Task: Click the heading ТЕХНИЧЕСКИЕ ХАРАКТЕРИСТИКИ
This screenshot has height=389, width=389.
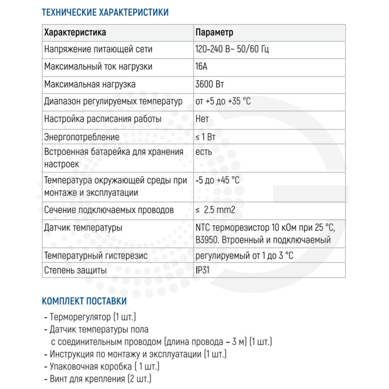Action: point(106,13)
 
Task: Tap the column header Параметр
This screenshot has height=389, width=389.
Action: point(214,33)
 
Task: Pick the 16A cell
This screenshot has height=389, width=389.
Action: point(201,67)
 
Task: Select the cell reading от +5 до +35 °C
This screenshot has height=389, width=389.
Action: point(223,102)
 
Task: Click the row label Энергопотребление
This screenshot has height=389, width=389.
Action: point(82,137)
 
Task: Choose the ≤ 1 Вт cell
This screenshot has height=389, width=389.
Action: point(205,137)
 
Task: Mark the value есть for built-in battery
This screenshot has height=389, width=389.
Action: point(203,152)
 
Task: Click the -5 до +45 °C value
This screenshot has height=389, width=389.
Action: point(217,180)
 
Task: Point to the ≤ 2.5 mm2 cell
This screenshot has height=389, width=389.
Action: point(215,211)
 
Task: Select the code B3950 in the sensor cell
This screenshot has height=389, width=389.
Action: point(206,240)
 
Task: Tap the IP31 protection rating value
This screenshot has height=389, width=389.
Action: point(203,270)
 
